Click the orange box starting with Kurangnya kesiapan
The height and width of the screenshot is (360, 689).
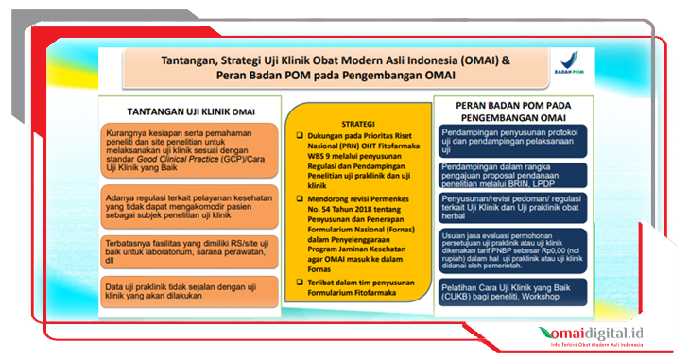tap(181, 150)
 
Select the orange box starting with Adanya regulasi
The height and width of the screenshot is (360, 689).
tap(181, 200)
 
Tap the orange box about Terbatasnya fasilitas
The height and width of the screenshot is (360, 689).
tap(181, 247)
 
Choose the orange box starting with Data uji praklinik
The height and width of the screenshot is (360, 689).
tap(181, 288)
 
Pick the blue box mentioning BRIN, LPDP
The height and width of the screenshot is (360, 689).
tap(511, 174)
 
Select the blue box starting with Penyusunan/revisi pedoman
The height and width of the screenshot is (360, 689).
tap(511, 207)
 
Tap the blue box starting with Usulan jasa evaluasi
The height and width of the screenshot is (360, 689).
tap(511, 249)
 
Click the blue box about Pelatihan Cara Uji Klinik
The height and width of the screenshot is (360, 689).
tap(511, 289)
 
